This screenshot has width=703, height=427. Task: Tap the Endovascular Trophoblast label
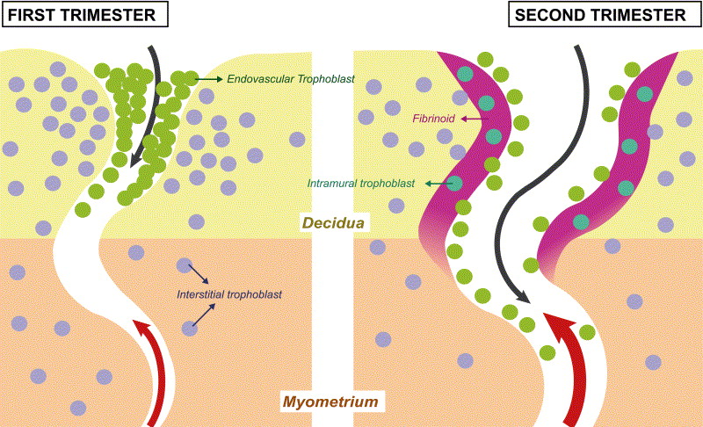click(290, 79)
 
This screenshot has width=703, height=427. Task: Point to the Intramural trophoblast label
click(361, 185)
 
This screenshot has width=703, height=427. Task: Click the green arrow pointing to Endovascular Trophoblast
click(207, 79)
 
